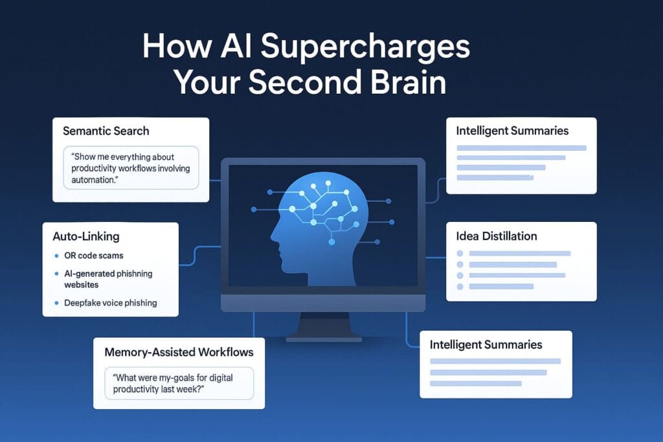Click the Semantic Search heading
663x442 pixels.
click(x=106, y=131)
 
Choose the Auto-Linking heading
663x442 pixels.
click(x=83, y=237)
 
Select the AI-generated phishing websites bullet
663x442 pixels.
click(x=108, y=279)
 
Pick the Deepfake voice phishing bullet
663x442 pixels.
click(x=110, y=303)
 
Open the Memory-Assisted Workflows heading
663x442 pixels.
click(x=179, y=353)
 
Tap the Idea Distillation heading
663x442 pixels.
click(x=497, y=236)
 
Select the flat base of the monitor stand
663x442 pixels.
click(x=323, y=338)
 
